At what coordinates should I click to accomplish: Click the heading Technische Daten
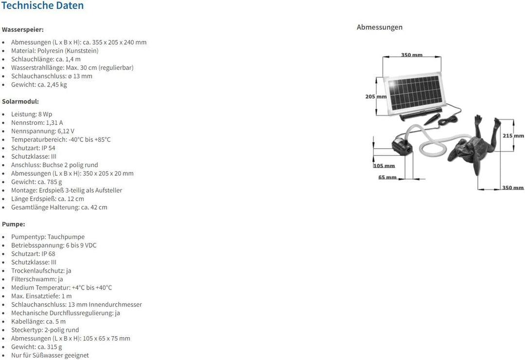point(42,6)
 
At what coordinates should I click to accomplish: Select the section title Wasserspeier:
point(23,30)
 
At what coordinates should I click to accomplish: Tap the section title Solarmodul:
point(20,102)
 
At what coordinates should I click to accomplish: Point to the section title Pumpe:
point(14,224)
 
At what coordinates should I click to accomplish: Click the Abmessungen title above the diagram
point(380,27)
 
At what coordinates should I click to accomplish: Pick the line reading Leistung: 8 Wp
point(32,114)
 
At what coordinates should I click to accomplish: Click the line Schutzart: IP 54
point(33,148)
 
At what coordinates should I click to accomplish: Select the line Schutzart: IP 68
point(33,254)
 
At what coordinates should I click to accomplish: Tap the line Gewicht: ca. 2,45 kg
point(39,85)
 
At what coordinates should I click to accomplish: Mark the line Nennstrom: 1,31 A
point(37,122)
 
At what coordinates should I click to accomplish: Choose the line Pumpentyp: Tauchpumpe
point(48,237)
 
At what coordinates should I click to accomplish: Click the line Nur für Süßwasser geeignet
point(50,355)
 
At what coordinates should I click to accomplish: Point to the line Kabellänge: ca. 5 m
point(38,321)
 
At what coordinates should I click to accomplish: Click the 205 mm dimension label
point(376,97)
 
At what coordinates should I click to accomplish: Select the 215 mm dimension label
point(513,136)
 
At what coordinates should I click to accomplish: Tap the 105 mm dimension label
point(384,166)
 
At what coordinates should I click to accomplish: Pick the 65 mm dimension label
point(387,177)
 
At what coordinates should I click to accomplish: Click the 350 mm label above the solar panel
point(412,55)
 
